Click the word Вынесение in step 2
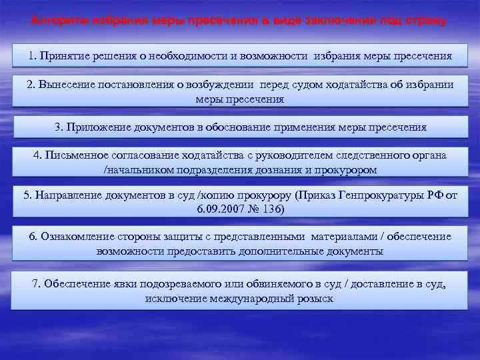pyautogui.click(x=63, y=85)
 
